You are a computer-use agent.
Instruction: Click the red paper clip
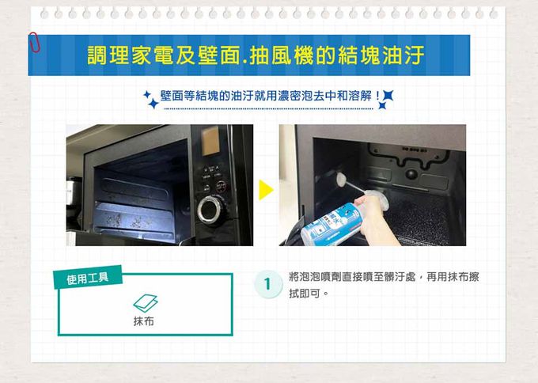34,42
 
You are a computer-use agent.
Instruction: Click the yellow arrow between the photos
266,190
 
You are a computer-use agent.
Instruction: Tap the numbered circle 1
268,284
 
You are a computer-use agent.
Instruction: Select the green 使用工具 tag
88,277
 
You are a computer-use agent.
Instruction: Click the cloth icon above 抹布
146,303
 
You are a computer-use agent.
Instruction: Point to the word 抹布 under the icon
144,321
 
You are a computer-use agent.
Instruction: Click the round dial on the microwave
210,210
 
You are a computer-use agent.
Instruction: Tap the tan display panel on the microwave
210,141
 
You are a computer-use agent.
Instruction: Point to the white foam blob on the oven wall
342,180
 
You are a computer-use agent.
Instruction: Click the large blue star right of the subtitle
388,95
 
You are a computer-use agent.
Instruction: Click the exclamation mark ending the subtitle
377,96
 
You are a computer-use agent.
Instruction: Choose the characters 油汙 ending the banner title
403,55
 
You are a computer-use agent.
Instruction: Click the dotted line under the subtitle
269,108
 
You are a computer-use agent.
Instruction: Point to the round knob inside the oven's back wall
411,174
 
